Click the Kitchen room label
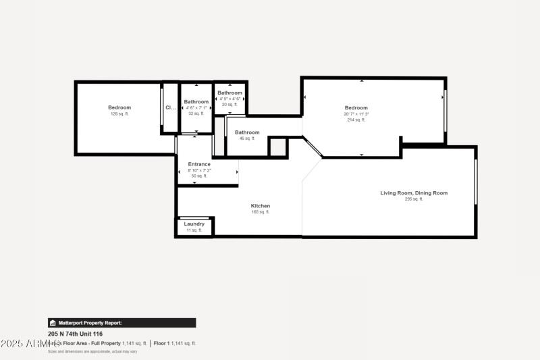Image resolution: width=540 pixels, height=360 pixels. [261, 206]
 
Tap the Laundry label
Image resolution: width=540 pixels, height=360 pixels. [194, 224]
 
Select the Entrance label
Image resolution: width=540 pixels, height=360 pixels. [199, 164]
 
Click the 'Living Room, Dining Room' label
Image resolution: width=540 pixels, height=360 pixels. [414, 193]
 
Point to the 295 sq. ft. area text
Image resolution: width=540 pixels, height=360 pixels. [414, 199]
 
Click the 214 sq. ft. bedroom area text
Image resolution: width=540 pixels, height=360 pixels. [356, 120]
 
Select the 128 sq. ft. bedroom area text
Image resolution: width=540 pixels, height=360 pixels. [119, 114]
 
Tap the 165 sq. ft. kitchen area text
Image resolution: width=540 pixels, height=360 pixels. [261, 212]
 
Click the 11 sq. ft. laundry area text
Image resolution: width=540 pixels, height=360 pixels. [194, 230]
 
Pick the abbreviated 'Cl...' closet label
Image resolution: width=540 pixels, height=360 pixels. [170, 107]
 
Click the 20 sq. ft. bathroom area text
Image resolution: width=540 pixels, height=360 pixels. [230, 105]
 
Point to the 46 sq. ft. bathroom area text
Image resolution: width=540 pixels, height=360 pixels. [247, 138]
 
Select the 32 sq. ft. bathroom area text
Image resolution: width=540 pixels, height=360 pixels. [196, 113]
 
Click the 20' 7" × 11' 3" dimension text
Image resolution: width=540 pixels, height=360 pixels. [356, 114]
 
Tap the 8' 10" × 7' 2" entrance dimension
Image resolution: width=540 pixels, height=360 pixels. [199, 170]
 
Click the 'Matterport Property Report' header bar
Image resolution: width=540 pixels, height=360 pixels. [122, 323]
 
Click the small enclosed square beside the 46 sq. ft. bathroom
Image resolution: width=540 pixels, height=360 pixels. [277, 147]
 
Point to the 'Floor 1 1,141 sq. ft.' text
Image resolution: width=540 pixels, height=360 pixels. [175, 343]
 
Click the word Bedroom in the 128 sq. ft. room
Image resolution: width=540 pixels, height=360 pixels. [119, 107]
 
